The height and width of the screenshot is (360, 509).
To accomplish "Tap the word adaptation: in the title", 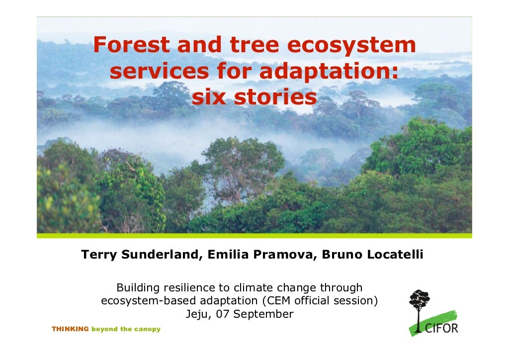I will pyautogui.click(x=329, y=72).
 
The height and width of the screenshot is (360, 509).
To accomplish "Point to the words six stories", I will pyautogui.click(x=254, y=98).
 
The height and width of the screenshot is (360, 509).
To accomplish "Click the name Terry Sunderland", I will pyautogui.click(x=141, y=256).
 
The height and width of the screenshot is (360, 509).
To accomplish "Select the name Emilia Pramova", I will pyautogui.click(x=260, y=256).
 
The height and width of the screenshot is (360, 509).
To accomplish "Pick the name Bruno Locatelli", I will pyautogui.click(x=372, y=256).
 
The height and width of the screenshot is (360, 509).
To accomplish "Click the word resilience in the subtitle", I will pyautogui.click(x=188, y=288).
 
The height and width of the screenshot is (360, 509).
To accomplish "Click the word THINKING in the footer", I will pyautogui.click(x=70, y=329).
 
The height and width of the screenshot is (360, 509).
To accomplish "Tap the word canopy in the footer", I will pyautogui.click(x=148, y=329).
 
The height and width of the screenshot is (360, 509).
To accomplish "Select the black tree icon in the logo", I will pyautogui.click(x=419, y=302).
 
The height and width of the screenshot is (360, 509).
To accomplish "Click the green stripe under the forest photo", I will pyautogui.click(x=254, y=235).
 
